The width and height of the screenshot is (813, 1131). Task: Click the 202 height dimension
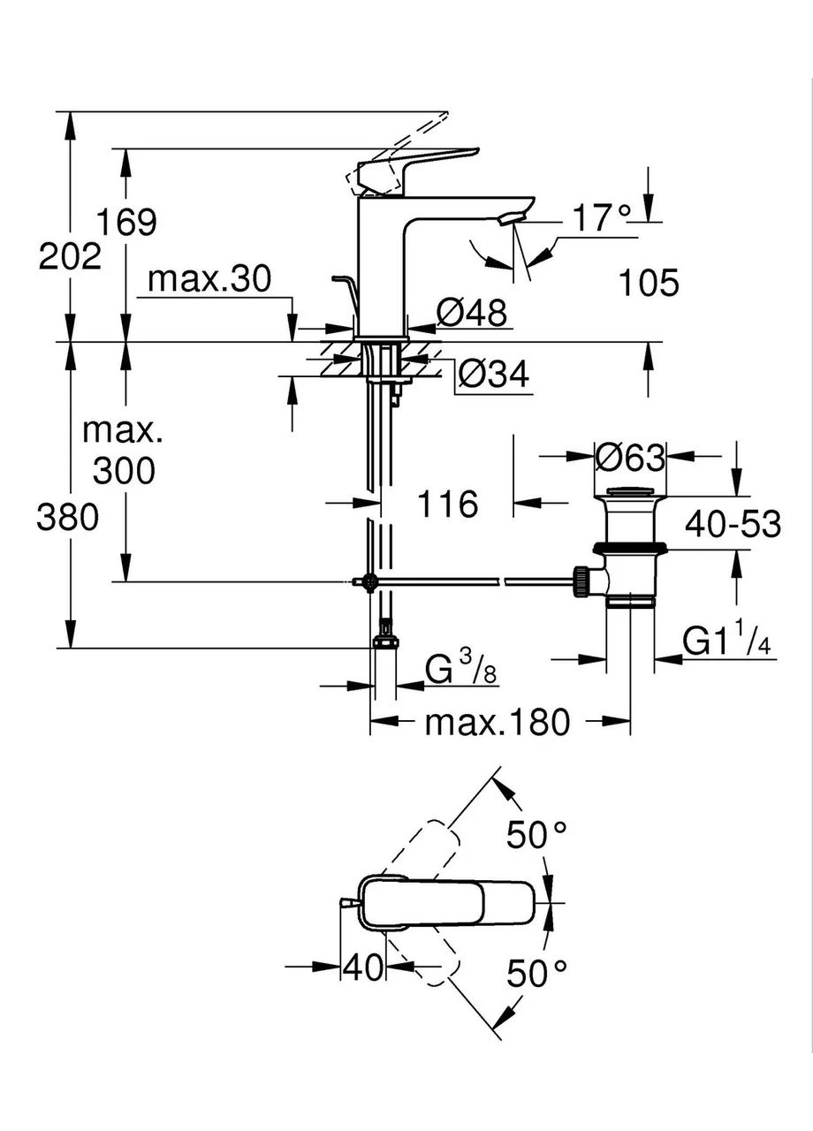point(70,256)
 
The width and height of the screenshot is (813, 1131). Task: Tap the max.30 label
point(209,278)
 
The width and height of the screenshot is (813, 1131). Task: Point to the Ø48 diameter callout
point(471,313)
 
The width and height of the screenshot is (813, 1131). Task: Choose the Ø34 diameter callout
point(494,374)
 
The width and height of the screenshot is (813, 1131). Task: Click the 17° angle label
point(602,218)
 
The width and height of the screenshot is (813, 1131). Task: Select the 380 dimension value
point(68,518)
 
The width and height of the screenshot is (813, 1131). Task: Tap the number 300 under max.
point(124,471)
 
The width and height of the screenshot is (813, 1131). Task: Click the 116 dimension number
point(448,504)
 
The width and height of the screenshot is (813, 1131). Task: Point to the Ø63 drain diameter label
point(630,458)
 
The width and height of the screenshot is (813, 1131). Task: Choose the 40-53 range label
point(733,524)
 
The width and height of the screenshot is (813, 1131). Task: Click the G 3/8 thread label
point(460,669)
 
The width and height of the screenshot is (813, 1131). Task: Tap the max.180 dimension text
point(497,723)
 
